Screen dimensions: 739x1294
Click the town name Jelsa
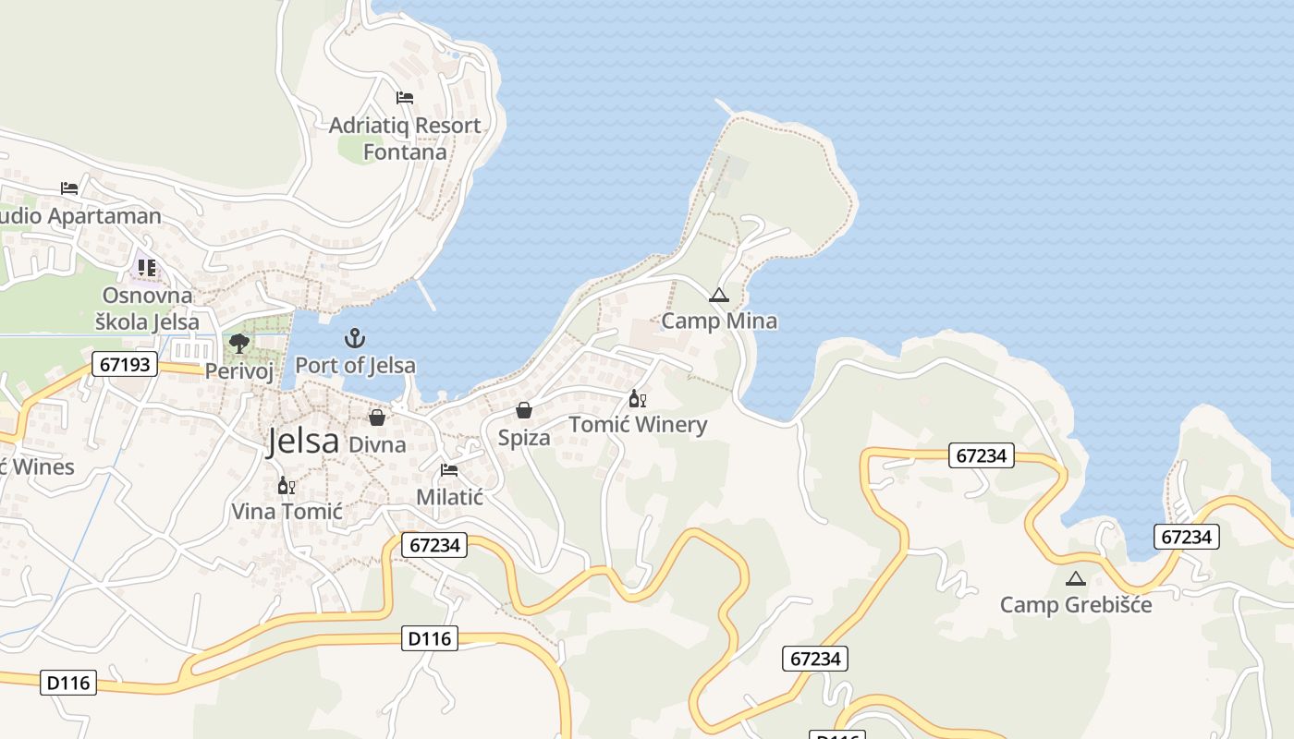[303, 442]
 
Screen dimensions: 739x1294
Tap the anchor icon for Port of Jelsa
[355, 338]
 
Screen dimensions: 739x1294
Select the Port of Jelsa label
[355, 365]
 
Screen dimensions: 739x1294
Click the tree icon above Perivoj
[239, 345]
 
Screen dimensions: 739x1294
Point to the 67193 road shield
[125, 364]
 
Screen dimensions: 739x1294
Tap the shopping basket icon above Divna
[377, 418]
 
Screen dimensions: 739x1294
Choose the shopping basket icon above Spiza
[524, 410]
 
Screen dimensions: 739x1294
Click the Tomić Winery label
[638, 425]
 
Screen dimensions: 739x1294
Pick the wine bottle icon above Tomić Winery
[637, 399]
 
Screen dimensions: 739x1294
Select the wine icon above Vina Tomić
[287, 486]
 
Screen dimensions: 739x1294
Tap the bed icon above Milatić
[449, 470]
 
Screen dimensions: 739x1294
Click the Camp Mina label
[719, 321]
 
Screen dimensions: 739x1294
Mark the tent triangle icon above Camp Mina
[718, 296]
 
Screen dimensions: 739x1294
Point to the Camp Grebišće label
[1076, 605]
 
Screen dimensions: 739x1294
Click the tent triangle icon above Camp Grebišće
[1074, 579]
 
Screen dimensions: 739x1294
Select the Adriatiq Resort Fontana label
[405, 139]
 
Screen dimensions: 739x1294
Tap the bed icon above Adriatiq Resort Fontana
[405, 97]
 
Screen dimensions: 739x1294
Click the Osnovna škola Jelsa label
[148, 309]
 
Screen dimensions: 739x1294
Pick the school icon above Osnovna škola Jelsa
[147, 268]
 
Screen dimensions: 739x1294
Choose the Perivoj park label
[239, 371]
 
